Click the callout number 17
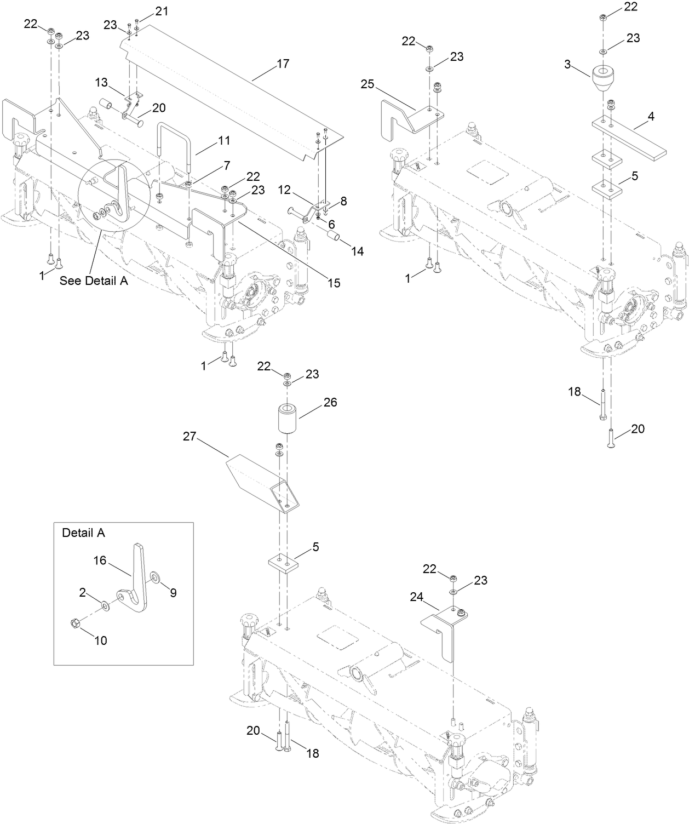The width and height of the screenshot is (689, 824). pos(282,64)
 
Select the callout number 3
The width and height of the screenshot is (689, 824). pos(568,65)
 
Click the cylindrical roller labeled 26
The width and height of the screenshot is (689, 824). pos(289,420)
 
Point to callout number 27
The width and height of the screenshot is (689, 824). pos(190,437)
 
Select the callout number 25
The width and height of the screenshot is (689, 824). pos(368,84)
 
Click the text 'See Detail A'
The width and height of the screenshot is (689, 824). pos(94,281)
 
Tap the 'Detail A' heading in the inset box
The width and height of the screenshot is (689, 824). pos(83,533)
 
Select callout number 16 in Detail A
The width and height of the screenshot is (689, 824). pos(100,560)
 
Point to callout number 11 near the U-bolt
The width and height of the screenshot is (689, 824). pos(225,140)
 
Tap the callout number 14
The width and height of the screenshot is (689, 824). pos(358,251)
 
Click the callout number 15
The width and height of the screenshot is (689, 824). pos(334,283)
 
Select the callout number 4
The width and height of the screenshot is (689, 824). pos(667,116)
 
